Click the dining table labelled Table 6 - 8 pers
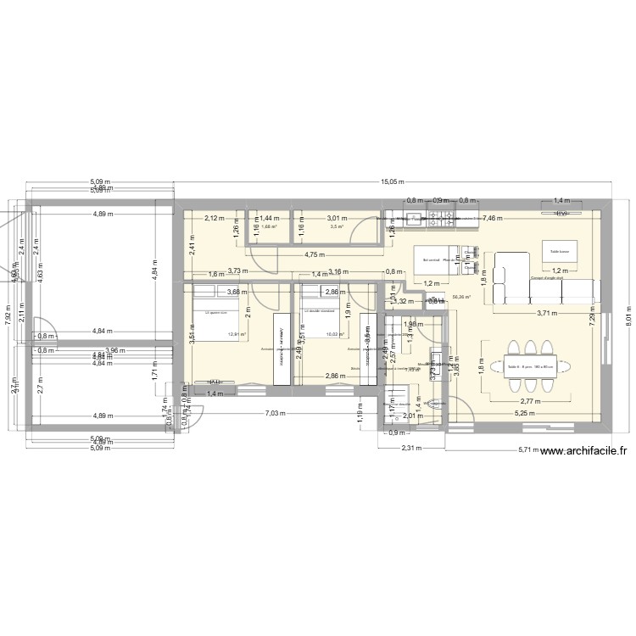(x=530, y=367)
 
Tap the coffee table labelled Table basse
(x=561, y=251)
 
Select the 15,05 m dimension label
(x=393, y=181)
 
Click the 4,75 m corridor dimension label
(x=315, y=254)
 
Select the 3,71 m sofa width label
(x=546, y=313)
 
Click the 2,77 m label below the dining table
(x=532, y=402)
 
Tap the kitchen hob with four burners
(x=443, y=222)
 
